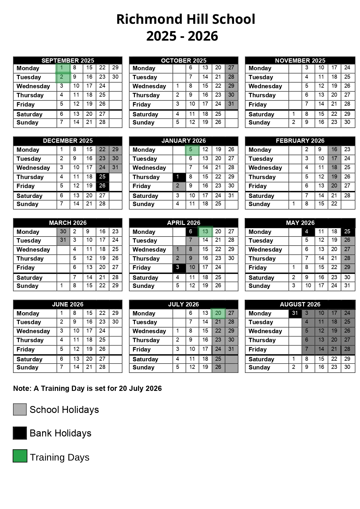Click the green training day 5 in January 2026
click(x=192, y=150)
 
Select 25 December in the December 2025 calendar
click(x=102, y=177)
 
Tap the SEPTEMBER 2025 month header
click(x=68, y=60)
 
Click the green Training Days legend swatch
click(x=20, y=456)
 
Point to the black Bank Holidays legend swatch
click(x=20, y=433)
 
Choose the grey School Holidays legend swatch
click(x=20, y=409)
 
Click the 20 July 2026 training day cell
click(x=218, y=313)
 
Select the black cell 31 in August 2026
click(x=295, y=313)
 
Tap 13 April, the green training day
click(x=205, y=232)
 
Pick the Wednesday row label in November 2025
click(x=265, y=86)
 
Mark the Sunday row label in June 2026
click(x=28, y=367)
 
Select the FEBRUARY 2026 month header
click(x=300, y=141)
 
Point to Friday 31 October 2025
click(x=231, y=104)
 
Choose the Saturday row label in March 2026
click(x=29, y=278)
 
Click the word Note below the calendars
click(x=22, y=388)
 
